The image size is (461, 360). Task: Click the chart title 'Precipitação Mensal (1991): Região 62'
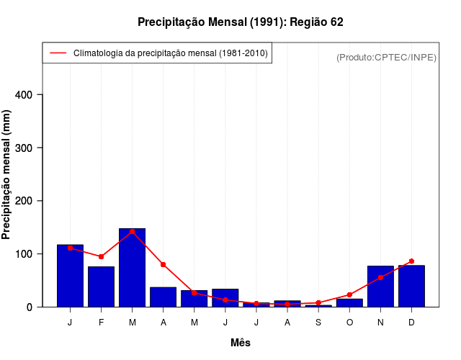[241, 22]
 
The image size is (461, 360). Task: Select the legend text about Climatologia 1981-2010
[171, 53]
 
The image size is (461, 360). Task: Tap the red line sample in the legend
[58, 53]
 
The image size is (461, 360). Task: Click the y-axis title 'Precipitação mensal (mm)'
[7, 179]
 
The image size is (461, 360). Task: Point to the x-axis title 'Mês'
[241, 343]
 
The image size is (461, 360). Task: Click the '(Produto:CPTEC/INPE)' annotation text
[386, 57]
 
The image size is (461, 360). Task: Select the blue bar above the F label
[101, 287]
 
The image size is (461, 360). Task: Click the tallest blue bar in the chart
[133, 268]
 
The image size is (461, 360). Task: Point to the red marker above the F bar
[102, 256]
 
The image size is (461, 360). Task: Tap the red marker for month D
[411, 261]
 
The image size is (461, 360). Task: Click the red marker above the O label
[349, 294]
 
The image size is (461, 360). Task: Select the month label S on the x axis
[318, 323]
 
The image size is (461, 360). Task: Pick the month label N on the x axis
[380, 323]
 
